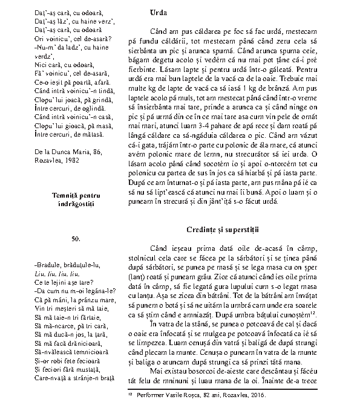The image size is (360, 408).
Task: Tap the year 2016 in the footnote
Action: (x=257, y=395)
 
